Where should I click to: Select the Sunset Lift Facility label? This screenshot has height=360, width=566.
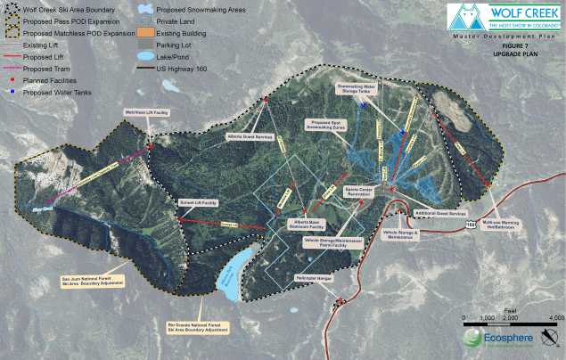(x=199, y=203)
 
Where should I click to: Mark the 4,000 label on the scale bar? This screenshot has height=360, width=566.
(x=554, y=318)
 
